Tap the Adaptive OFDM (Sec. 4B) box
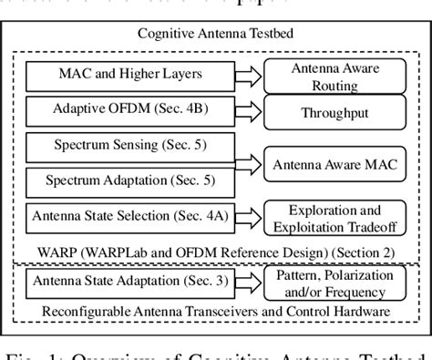click(x=127, y=112)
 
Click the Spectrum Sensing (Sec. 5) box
click(x=127, y=146)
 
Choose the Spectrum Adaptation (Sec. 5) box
click(x=127, y=180)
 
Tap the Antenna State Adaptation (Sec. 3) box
click(x=127, y=280)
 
